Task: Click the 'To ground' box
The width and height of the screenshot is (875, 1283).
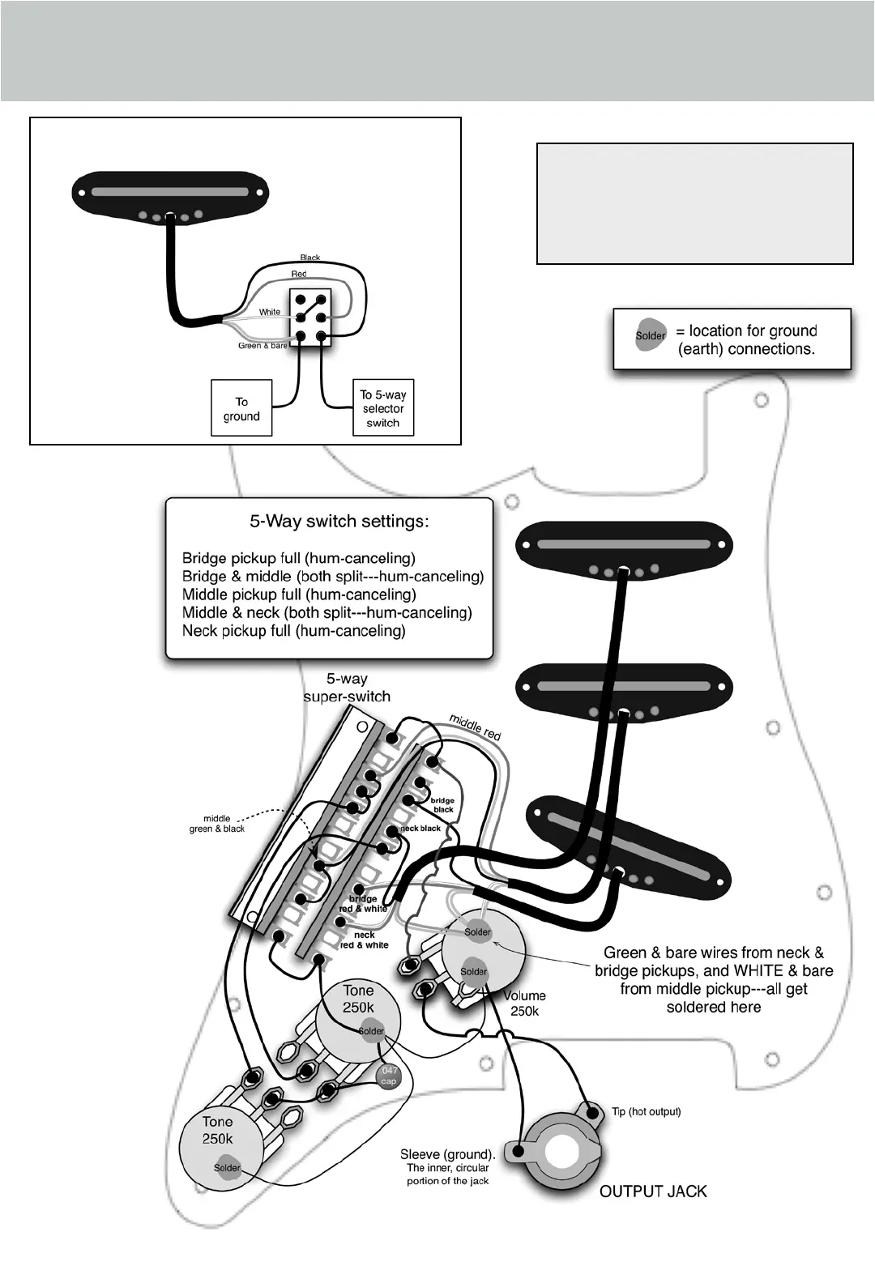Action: tap(241, 409)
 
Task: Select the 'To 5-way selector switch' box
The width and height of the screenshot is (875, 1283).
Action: tap(383, 409)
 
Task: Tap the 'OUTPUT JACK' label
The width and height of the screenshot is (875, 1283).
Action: tap(653, 1191)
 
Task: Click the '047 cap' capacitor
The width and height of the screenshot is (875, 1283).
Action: tap(389, 1076)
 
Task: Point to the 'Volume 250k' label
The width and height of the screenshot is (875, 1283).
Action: tap(525, 1004)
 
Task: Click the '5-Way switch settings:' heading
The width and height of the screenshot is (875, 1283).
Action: tap(339, 522)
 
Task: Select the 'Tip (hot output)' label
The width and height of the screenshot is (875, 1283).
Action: tap(646, 1112)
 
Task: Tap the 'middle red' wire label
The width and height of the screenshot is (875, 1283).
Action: tap(476, 727)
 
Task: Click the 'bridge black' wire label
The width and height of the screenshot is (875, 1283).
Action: tap(443, 805)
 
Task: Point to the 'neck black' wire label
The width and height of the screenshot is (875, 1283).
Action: tap(421, 829)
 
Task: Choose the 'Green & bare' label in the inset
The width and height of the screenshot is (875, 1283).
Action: tap(262, 346)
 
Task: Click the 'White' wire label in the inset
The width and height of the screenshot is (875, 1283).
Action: tap(270, 312)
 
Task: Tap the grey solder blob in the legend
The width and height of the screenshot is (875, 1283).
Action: tap(650, 335)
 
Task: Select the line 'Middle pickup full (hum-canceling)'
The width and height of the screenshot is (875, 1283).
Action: tap(299, 595)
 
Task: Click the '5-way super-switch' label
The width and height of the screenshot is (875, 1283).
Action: tap(347, 688)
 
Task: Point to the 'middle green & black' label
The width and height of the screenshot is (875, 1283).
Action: tap(216, 824)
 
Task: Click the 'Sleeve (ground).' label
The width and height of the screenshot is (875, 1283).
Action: tap(448, 1154)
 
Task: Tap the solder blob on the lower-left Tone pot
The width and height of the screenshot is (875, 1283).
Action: tap(227, 1168)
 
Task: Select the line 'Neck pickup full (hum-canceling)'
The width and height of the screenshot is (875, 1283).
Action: tap(293, 631)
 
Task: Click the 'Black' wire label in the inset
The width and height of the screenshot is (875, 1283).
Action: tap(310, 258)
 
